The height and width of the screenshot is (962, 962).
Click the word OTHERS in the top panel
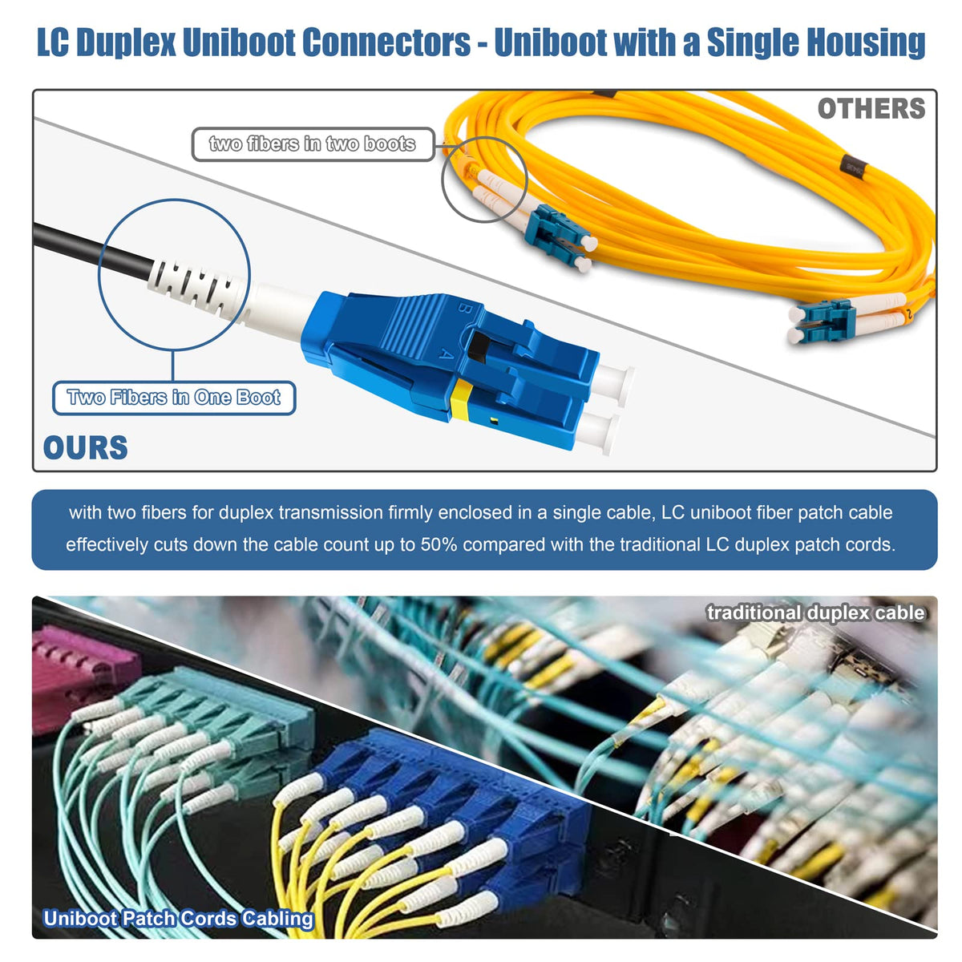click(871, 109)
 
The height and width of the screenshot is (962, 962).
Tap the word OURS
click(86, 447)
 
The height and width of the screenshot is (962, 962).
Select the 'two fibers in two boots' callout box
click(313, 144)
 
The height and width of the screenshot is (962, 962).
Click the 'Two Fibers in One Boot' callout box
click(174, 398)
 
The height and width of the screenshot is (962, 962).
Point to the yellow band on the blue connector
click(461, 400)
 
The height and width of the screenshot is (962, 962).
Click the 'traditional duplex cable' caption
click(815, 613)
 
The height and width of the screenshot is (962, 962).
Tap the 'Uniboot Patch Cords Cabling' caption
click(178, 919)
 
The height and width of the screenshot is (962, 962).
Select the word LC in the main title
click(52, 42)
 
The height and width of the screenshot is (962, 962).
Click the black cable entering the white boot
click(88, 249)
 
